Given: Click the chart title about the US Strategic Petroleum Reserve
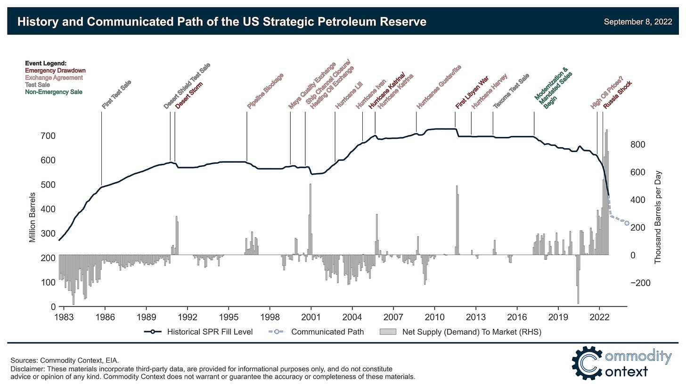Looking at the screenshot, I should (221, 22).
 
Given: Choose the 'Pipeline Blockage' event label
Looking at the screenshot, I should (265, 91).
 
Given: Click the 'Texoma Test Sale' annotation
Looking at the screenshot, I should (511, 91).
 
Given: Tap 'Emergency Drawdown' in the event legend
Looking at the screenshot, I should (55, 71).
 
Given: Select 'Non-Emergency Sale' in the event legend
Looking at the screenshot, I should (54, 92).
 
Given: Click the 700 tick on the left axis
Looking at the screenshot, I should (49, 136).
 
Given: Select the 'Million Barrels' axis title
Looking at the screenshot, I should (33, 217).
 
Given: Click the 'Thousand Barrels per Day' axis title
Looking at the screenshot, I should (658, 217).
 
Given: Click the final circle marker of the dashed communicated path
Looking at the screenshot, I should (627, 223).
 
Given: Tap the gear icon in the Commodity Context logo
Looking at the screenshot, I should (587, 363).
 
